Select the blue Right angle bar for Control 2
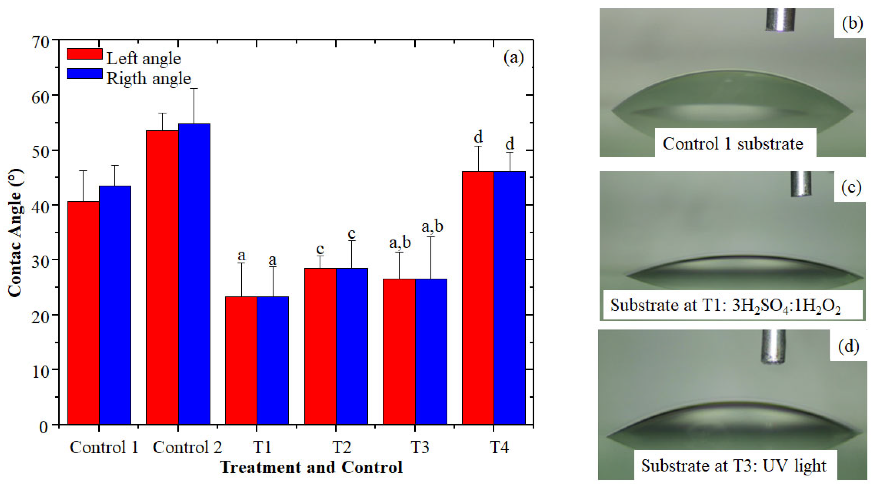coord(194,274)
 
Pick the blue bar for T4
coord(510,298)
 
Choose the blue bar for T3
coord(431,352)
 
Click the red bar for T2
coord(320,346)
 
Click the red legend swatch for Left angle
coord(85,54)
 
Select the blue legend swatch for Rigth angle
coord(85,73)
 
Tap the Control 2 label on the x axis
coord(187,447)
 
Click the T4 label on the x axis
coord(500,447)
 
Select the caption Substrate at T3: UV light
coord(734,466)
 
